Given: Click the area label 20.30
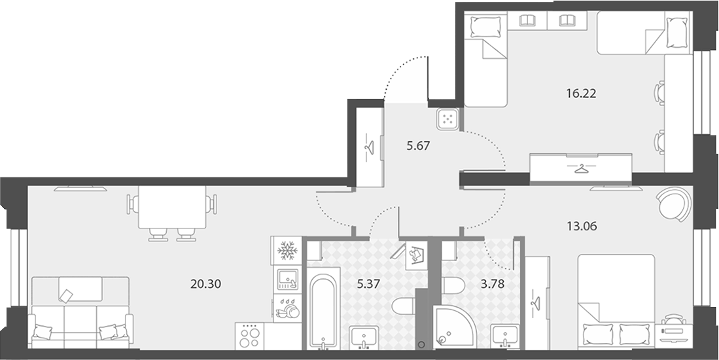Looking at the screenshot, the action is click(x=206, y=284).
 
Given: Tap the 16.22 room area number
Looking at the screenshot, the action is click(x=581, y=94).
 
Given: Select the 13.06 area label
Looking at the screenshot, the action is click(x=582, y=226).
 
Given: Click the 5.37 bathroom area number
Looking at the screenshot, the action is click(x=369, y=284).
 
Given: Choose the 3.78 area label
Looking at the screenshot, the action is click(x=493, y=284).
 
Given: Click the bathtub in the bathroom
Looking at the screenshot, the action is click(x=324, y=311).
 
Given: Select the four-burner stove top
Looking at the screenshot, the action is click(x=250, y=336).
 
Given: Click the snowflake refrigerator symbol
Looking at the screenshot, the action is click(x=287, y=251).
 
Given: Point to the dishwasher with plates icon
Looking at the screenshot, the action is click(x=287, y=308).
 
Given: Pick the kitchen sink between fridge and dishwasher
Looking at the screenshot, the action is click(x=287, y=279).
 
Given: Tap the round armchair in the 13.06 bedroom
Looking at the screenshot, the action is click(x=674, y=204).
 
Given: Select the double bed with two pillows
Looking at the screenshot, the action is click(x=616, y=300).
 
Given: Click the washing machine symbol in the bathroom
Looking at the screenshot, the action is click(x=416, y=255).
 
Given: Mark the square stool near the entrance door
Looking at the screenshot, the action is click(x=447, y=119).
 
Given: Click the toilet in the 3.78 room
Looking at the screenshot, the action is click(x=453, y=285).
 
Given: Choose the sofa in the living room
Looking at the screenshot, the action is click(x=80, y=312).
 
